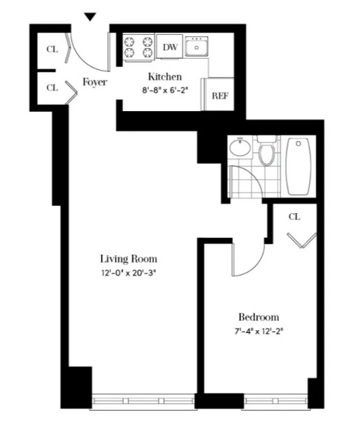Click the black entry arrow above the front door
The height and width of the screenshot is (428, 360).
coord(89,17)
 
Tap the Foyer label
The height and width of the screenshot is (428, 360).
coord(95,82)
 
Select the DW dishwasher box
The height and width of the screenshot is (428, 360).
coord(169,46)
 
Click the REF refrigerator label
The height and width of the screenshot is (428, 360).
coord(220,96)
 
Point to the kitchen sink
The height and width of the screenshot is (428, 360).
coord(196,47)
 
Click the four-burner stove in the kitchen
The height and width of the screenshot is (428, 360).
coord(138,47)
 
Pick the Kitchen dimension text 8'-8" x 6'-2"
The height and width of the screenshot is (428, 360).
coord(165,90)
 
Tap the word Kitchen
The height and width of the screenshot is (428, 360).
coord(165,77)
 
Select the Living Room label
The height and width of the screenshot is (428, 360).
coord(129,259)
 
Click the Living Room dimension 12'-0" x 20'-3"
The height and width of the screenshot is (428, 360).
coord(129,273)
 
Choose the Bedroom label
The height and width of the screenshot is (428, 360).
coord(259,318)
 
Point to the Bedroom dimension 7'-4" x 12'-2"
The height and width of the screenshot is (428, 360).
coord(259,331)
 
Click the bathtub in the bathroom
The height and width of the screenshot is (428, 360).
coord(298,166)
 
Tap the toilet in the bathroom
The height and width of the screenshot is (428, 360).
coord(266,152)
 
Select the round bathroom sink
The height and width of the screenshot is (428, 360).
coord(240,148)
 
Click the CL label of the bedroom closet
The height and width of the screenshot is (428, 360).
coord(294,217)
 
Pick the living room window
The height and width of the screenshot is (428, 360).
coord(143,401)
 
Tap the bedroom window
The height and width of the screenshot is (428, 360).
coord(275,401)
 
